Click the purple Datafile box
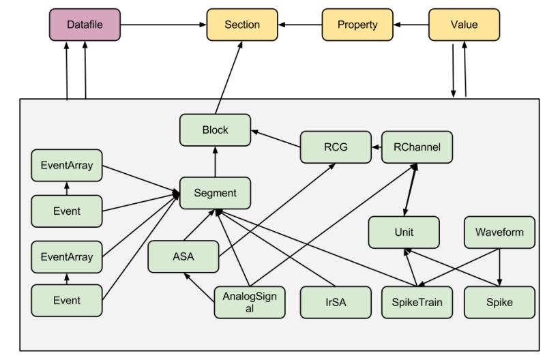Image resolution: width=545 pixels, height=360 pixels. tap(85, 25)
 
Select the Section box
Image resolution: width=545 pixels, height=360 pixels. tap(242, 25)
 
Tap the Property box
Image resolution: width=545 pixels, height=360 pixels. tap(357, 25)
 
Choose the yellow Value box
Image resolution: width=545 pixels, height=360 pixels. tap(464, 25)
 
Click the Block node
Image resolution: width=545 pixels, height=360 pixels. tap(215, 130)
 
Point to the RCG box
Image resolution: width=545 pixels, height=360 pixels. tap(335, 147)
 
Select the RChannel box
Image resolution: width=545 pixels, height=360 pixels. tap(415, 147)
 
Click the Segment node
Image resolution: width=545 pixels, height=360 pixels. tap(215, 193)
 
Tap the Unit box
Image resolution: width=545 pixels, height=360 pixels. tap(403, 232)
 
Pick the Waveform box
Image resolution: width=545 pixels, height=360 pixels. tap(499, 232)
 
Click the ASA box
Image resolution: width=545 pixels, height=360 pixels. tap(183, 257)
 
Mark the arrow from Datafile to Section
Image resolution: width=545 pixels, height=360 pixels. tap(164, 25)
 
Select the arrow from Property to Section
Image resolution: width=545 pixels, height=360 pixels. tap(299, 25)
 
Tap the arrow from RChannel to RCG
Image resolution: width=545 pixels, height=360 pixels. tap(375, 147)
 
